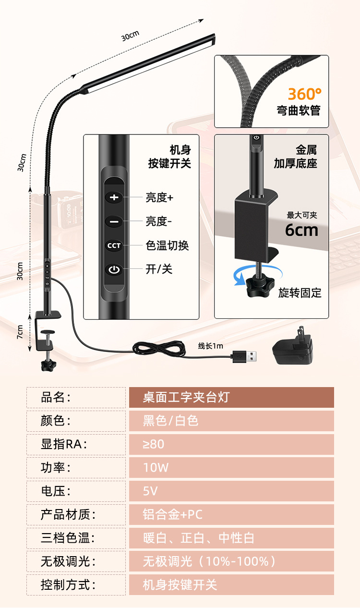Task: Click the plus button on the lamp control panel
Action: [114, 197]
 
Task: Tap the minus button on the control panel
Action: [114, 221]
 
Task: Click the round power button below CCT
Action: [114, 269]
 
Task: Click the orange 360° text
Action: [305, 94]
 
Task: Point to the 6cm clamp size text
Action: [301, 230]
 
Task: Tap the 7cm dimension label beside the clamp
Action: [20, 332]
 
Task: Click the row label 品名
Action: [56, 398]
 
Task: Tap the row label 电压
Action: [56, 491]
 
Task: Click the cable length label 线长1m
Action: [211, 346]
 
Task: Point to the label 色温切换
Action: [167, 245]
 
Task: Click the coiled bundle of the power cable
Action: [158, 349]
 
